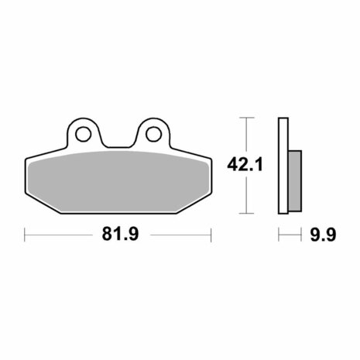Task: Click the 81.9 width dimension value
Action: click(x=120, y=234)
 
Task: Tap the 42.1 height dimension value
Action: click(x=245, y=164)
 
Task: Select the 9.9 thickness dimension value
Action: click(x=323, y=235)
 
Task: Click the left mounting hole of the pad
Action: click(x=83, y=134)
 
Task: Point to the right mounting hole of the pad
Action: click(x=153, y=134)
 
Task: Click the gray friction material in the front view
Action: click(x=118, y=182)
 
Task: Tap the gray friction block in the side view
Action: click(x=295, y=181)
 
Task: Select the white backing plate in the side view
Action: click(x=283, y=166)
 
